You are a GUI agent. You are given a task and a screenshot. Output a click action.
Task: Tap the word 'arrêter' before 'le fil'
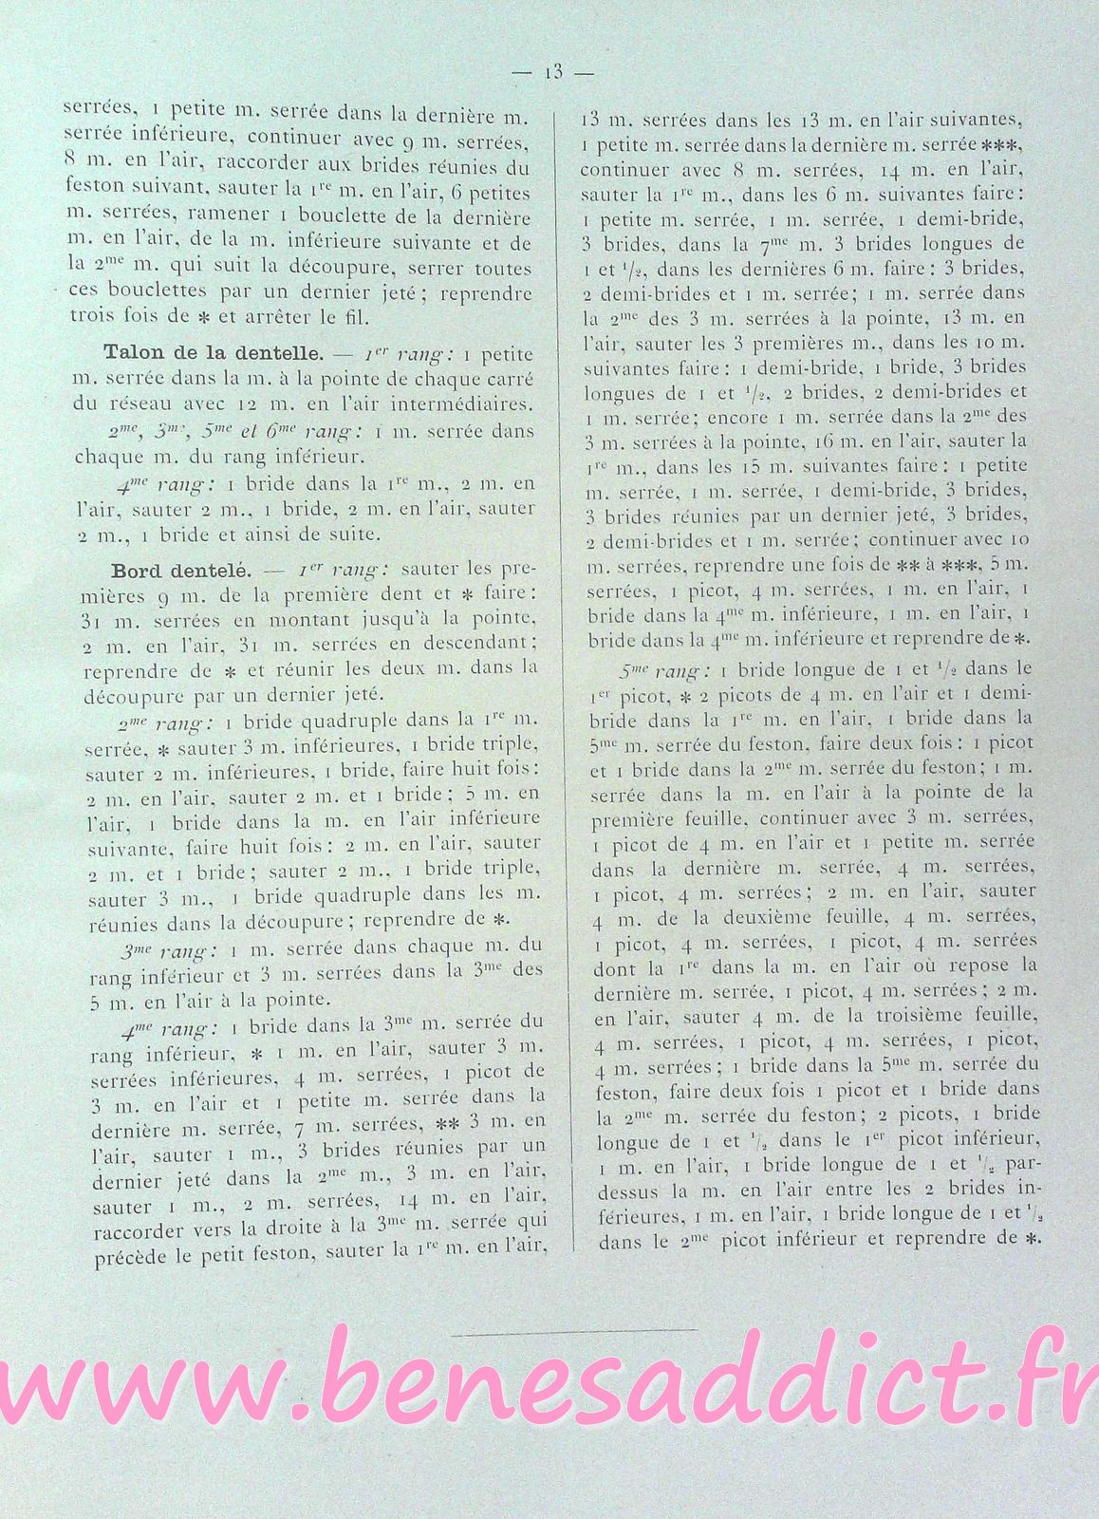click(x=260, y=315)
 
